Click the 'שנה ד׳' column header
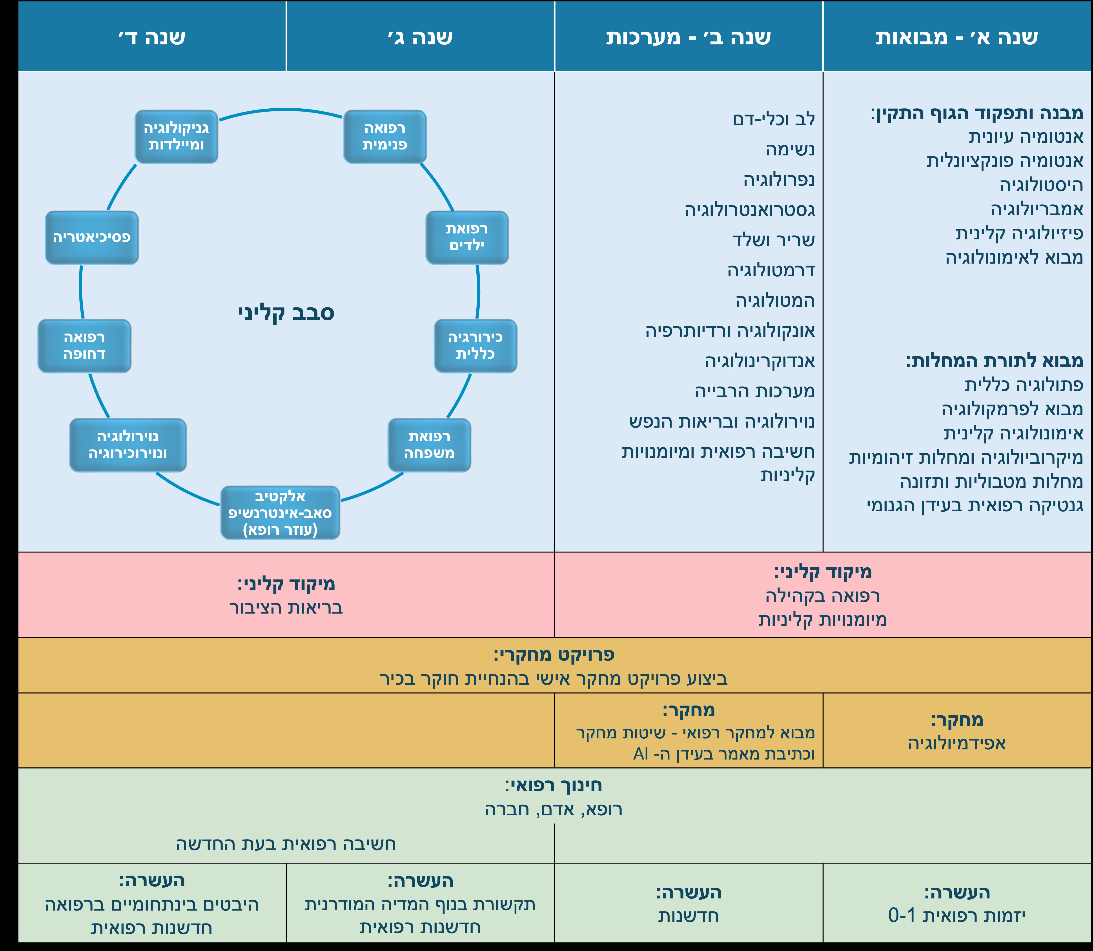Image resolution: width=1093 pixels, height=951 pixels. [152, 37]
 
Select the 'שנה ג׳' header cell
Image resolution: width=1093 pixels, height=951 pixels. [420, 37]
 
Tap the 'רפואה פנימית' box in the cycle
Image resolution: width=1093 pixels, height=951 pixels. [385, 136]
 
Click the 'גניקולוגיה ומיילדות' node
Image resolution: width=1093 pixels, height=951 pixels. [176, 136]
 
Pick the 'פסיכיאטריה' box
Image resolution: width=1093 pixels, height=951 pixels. [92, 237]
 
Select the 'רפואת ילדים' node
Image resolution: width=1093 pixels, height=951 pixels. [467, 237]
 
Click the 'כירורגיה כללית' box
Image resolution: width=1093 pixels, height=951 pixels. [475, 346]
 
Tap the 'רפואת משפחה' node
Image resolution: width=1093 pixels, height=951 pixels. [429, 445]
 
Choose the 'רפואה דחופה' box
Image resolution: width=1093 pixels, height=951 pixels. [84, 346]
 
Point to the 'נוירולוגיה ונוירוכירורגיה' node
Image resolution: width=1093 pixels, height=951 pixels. [128, 445]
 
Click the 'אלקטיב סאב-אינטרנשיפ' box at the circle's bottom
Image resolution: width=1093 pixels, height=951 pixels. [280, 513]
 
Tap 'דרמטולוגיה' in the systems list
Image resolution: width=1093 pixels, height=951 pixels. [771, 270]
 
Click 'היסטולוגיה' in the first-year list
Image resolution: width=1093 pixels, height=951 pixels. [1041, 185]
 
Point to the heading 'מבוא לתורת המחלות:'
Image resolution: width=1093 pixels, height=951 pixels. [994, 361]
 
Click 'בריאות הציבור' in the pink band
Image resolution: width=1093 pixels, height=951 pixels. [286, 607]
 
